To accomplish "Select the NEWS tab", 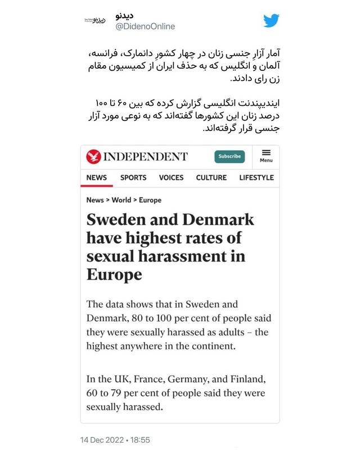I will coord(96,178).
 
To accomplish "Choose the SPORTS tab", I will coord(133,178).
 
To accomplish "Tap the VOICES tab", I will coord(171,178).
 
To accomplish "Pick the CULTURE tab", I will coord(211,178).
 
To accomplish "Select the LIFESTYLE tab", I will coord(256,178).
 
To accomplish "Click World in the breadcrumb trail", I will coord(121,200).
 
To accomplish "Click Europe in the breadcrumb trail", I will coord(150,200).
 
